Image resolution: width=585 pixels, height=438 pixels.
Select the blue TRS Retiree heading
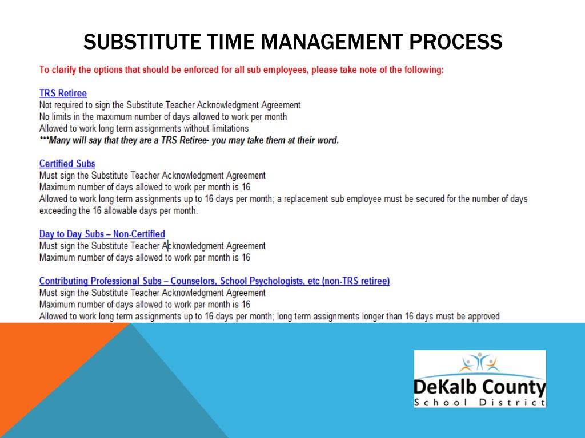coord(63,93)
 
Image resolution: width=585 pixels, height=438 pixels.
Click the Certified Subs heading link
coord(67,164)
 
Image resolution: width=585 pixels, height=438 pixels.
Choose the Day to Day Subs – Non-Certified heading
coord(102,234)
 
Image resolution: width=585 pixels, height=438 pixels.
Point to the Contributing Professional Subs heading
coord(214,281)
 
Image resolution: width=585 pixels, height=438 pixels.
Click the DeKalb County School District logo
coord(479,379)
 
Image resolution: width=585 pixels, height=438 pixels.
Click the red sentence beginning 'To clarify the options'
coord(241,70)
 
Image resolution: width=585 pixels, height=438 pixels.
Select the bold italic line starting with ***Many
coord(189,140)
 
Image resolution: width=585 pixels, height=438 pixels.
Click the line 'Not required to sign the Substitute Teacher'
coord(170,105)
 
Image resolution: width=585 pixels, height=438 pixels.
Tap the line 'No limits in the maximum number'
coord(163,117)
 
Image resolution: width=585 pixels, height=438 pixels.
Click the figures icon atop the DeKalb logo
coord(479,362)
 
